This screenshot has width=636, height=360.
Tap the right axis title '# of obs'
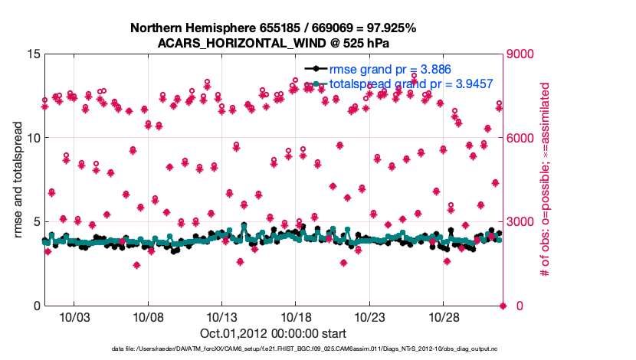click(x=546, y=180)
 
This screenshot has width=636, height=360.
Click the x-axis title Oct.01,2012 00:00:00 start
click(x=273, y=334)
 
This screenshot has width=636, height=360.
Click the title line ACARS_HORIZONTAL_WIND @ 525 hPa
click(x=273, y=42)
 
